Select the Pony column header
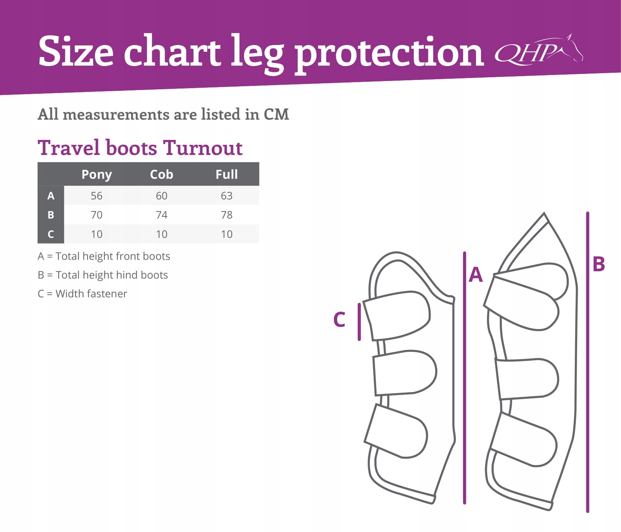96,175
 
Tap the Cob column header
161,174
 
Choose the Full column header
226,174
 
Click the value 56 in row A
96,196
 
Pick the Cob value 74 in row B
161,215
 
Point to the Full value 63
226,196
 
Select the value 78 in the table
226,215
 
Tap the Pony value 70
96,215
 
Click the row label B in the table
51,215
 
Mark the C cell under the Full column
226,234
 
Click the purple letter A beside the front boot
476,275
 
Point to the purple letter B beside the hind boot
598,264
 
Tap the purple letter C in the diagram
339,320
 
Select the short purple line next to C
359,322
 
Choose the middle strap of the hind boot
527,378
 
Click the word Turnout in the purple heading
203,148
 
